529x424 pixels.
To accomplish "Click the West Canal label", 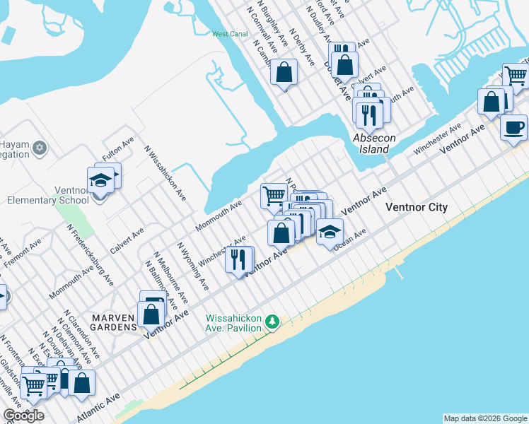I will [228, 34].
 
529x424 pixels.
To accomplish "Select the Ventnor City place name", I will [416, 207].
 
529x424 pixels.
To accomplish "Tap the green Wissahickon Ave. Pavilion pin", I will [272, 323].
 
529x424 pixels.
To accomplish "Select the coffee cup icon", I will [513, 127].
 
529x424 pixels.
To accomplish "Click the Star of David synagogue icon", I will [40, 147].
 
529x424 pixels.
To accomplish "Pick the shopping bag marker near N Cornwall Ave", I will [284, 73].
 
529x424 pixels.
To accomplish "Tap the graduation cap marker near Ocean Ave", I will [329, 231].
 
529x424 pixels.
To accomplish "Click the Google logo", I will [23, 415].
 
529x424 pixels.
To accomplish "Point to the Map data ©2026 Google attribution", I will [484, 418].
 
